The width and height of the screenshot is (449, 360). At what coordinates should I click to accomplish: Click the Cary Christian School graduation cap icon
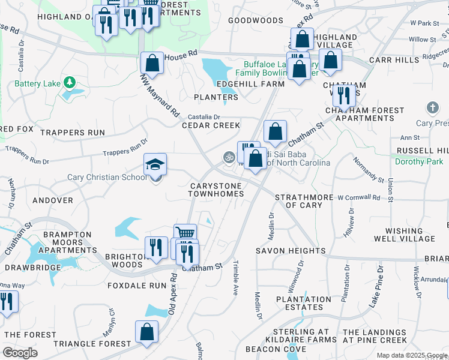[x=155, y=164]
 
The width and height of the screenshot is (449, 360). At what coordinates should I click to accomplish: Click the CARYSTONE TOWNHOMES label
[x=217, y=190]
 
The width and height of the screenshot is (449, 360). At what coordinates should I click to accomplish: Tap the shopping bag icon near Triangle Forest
[x=146, y=332]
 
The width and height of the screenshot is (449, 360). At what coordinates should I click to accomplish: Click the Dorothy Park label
[x=418, y=161]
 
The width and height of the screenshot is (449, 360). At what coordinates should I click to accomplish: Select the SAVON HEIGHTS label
[x=291, y=251]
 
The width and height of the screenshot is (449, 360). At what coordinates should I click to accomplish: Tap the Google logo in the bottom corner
[x=20, y=353]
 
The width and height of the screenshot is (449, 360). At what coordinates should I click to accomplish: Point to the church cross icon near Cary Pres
[x=432, y=108]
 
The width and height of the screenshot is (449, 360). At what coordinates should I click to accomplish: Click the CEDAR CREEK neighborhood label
[x=211, y=125]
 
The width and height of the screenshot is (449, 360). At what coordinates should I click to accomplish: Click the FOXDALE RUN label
[x=136, y=286]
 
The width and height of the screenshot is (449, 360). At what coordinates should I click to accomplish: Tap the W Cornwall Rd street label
[x=358, y=197]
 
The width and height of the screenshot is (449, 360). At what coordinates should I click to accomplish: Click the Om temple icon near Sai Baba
[x=228, y=157]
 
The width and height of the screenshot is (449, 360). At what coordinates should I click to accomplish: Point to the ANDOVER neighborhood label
[x=53, y=200]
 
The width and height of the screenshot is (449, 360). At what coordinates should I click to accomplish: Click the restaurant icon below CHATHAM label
[x=344, y=95]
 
